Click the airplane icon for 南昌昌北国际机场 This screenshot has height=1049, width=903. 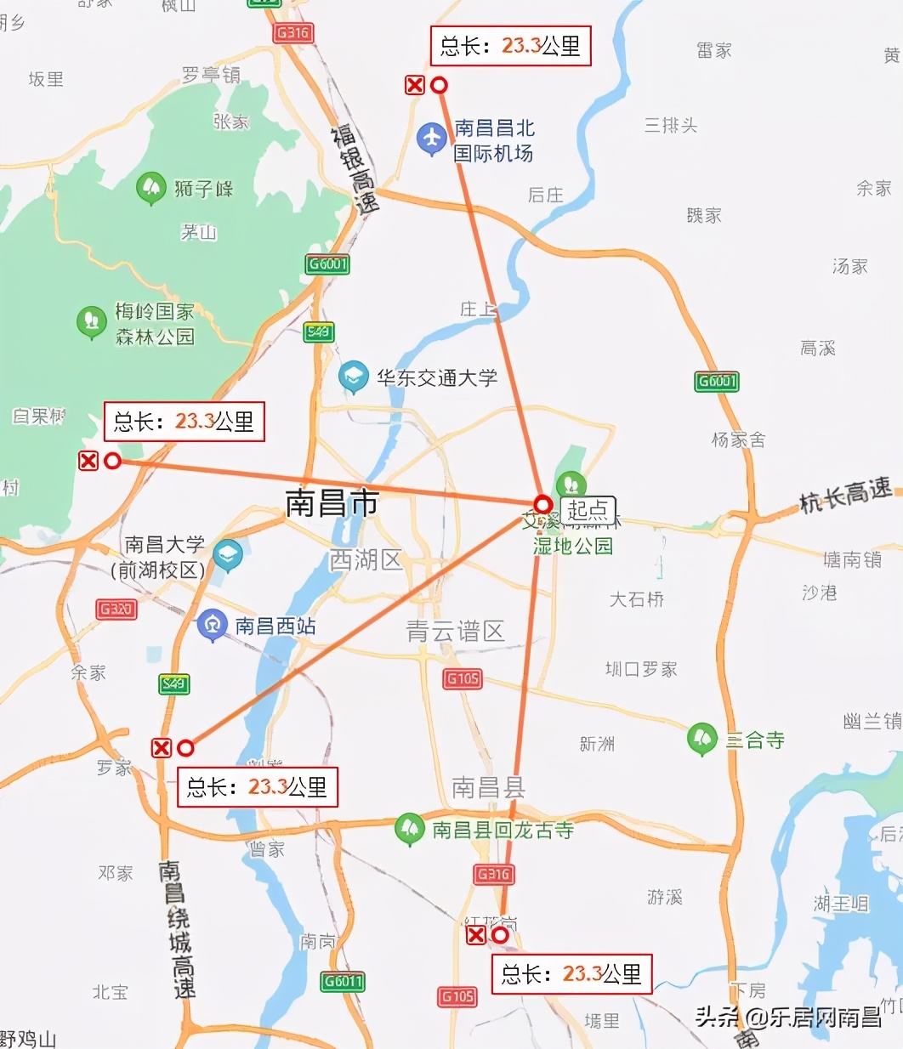[432, 139]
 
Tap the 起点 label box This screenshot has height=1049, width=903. [588, 510]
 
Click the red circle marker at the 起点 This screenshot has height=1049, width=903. [543, 504]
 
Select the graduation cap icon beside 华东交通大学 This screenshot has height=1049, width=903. [354, 377]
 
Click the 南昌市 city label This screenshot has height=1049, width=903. [332, 503]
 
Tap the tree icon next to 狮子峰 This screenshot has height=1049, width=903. [151, 188]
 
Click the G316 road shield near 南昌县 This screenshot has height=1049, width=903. [493, 874]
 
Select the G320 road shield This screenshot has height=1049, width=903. [116, 609]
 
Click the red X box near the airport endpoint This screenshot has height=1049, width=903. [415, 85]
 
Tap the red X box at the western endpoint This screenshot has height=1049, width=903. [88, 461]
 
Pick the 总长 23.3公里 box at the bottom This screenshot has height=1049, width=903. [571, 974]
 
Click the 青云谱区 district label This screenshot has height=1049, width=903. [456, 631]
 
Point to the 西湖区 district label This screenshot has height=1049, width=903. [366, 560]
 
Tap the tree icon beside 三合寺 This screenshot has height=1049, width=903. [702, 739]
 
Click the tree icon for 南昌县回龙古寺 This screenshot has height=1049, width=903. [410, 829]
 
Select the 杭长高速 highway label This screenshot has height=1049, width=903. [846, 495]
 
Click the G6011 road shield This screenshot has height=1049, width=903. [343, 982]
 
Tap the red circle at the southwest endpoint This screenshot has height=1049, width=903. [185, 748]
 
